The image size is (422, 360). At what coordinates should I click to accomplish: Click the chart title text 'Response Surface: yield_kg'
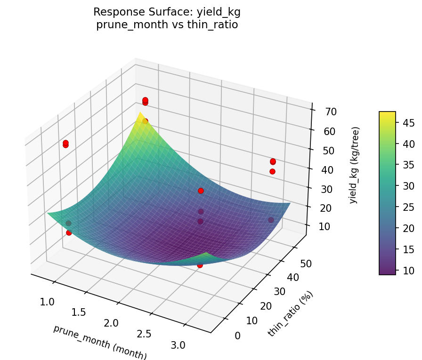click(x=167, y=12)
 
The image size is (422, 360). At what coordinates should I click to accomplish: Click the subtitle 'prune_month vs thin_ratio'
click(x=167, y=25)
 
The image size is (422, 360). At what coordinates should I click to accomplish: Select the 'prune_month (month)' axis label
click(x=100, y=342)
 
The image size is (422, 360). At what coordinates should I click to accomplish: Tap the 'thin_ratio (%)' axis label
click(x=290, y=314)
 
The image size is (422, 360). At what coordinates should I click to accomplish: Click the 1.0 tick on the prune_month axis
click(x=48, y=302)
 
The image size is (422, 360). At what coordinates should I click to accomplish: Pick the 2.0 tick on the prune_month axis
click(x=111, y=323)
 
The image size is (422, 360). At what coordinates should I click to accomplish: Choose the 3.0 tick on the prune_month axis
click(x=178, y=345)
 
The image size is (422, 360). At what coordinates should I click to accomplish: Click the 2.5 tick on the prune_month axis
click(x=144, y=334)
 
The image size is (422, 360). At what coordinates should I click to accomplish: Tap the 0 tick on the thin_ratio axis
click(x=237, y=336)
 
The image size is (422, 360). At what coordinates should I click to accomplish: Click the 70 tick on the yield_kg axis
click(x=330, y=112)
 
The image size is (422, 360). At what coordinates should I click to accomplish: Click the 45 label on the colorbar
click(x=408, y=123)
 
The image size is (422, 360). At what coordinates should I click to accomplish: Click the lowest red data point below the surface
click(x=200, y=265)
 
